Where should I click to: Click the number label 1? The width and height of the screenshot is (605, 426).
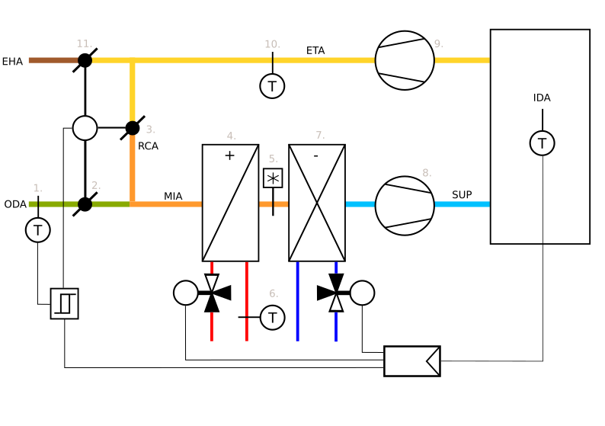point(37,188)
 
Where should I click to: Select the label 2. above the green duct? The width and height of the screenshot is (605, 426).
point(96,185)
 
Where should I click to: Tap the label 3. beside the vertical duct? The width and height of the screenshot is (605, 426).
point(150,130)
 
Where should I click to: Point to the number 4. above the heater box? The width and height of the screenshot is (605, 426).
point(231,136)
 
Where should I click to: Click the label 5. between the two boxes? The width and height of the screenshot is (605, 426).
point(273,159)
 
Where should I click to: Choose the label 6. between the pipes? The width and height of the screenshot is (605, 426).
point(274,293)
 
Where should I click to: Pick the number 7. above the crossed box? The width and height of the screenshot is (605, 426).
point(320,135)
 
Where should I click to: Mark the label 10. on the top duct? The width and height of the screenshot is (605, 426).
point(272,44)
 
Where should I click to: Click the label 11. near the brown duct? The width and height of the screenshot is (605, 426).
point(84,43)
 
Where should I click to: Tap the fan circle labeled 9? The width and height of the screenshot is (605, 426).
point(405,60)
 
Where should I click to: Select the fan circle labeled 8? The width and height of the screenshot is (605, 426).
point(405,206)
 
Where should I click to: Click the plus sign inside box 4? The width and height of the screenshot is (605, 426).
point(229,155)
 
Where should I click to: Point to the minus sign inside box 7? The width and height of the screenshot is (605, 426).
point(315,156)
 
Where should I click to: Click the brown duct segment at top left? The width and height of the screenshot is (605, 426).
point(53,60)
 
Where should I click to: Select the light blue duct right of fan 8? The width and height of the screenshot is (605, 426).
point(462,204)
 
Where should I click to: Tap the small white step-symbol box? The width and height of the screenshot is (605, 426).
point(64,303)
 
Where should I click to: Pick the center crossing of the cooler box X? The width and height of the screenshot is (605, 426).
point(317,203)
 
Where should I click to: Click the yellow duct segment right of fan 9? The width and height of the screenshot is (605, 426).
point(462,60)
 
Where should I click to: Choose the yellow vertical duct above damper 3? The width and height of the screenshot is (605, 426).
point(133,90)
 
